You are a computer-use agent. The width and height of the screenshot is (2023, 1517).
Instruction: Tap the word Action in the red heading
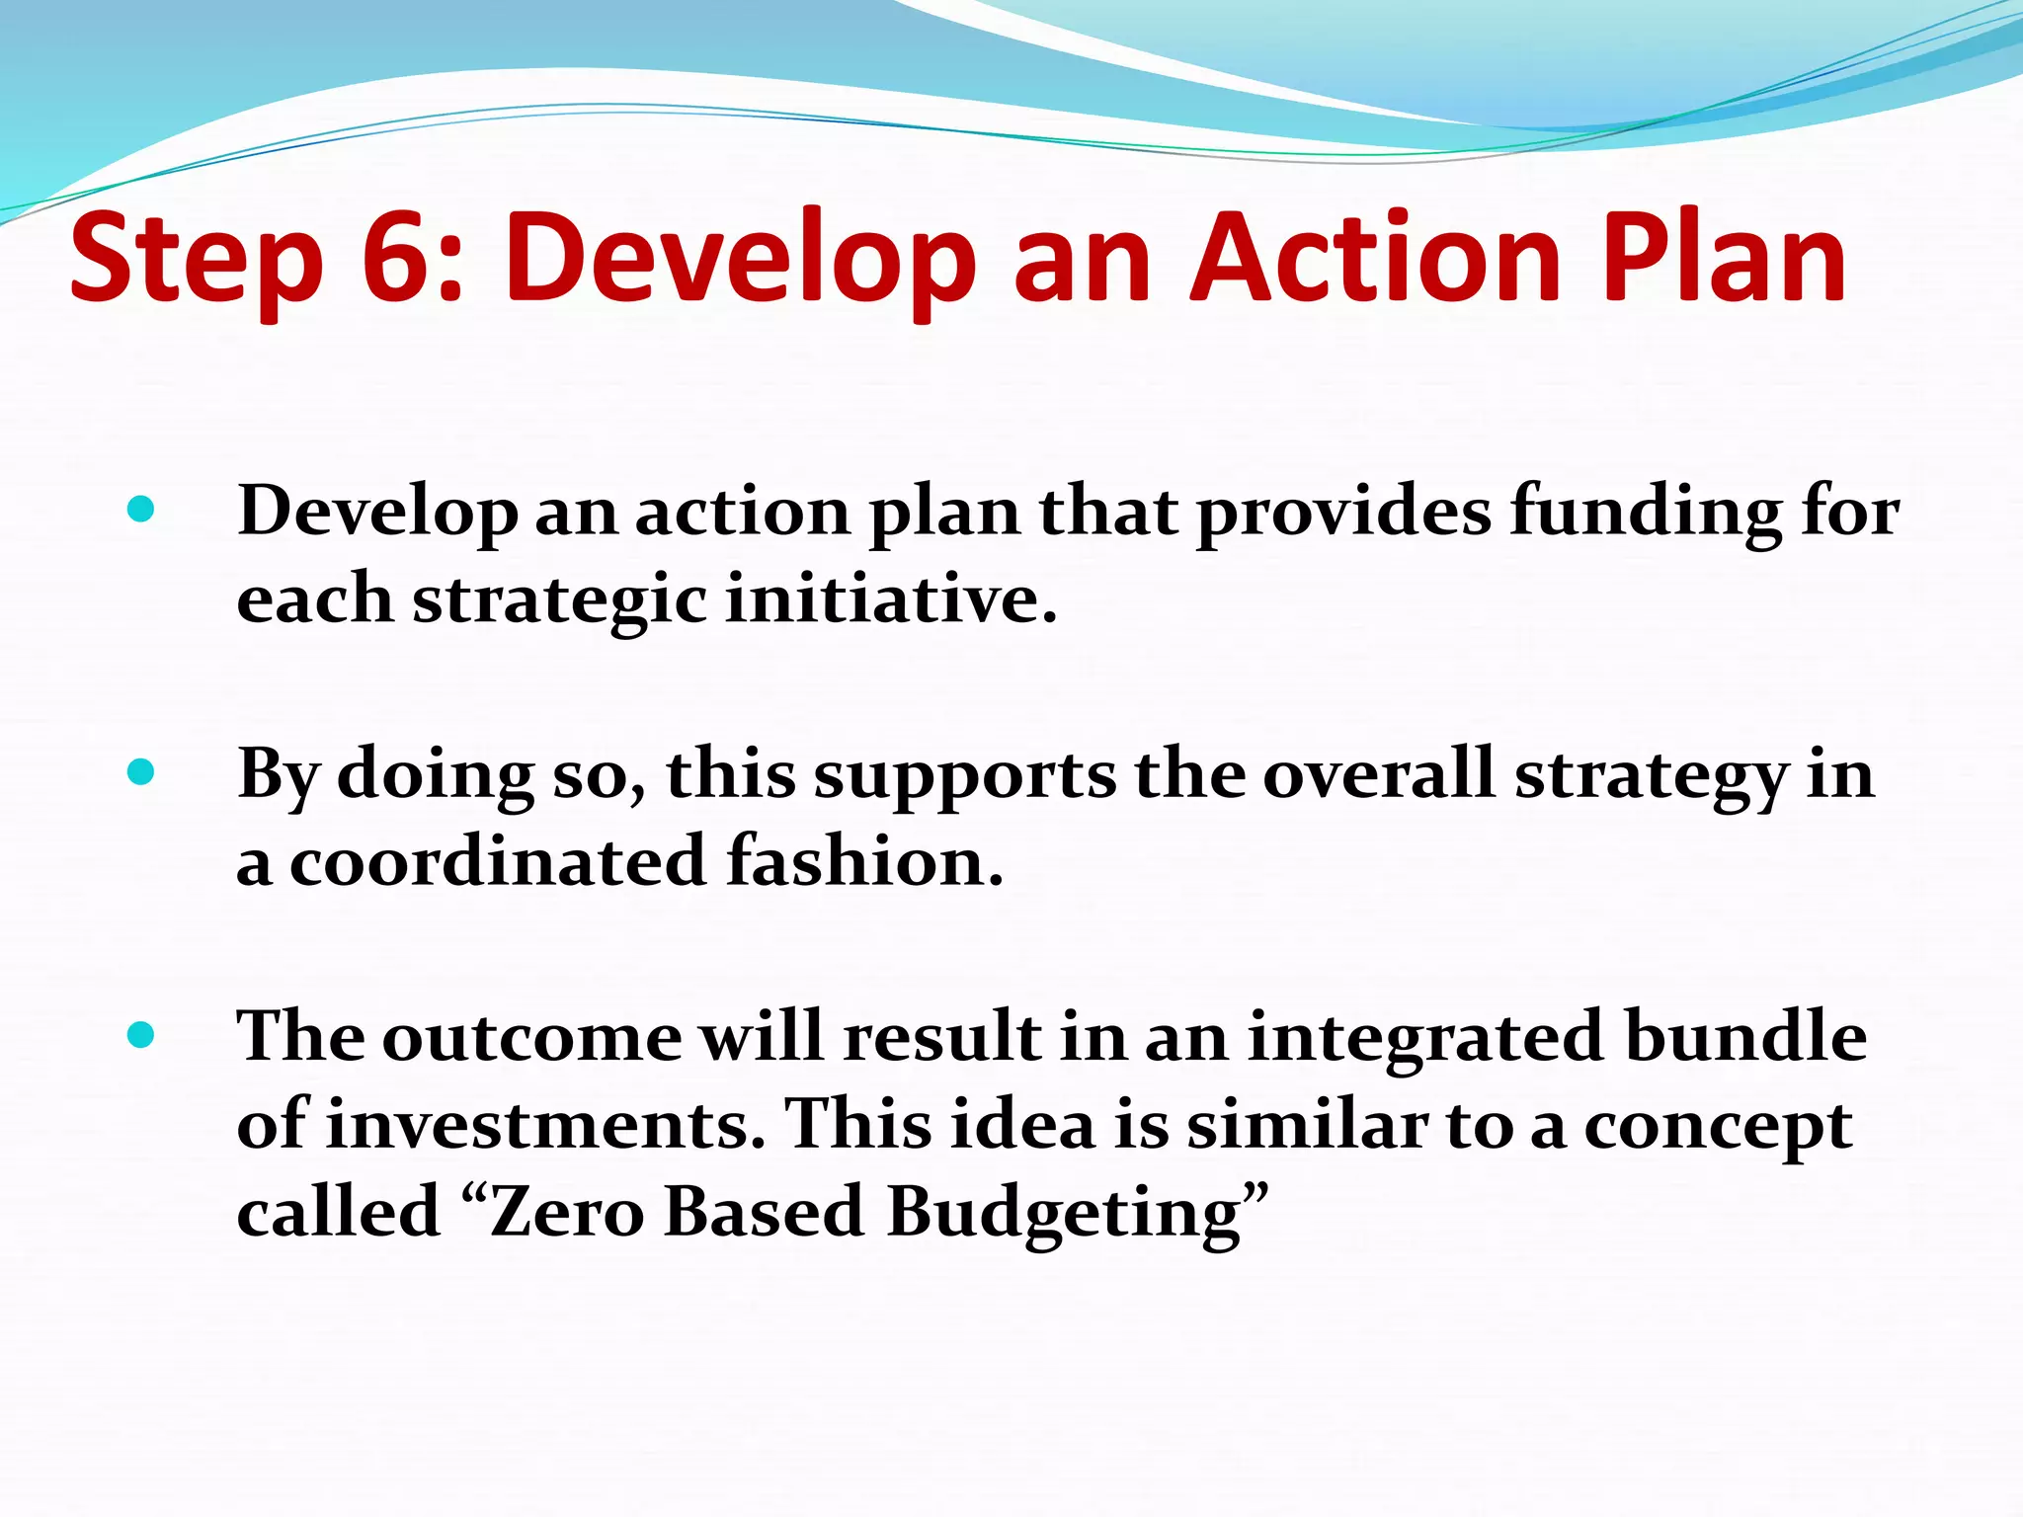[1374, 259]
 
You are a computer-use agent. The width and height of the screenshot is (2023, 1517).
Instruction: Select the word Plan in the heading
[1723, 259]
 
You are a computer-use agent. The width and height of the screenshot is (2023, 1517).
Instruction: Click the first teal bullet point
[141, 510]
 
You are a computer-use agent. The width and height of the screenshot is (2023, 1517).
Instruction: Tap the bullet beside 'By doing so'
[141, 771]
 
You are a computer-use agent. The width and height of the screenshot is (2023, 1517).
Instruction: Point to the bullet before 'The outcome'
[141, 1035]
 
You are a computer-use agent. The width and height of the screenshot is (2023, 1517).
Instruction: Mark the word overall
[1378, 773]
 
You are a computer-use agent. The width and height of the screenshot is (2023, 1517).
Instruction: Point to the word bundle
[1745, 1037]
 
